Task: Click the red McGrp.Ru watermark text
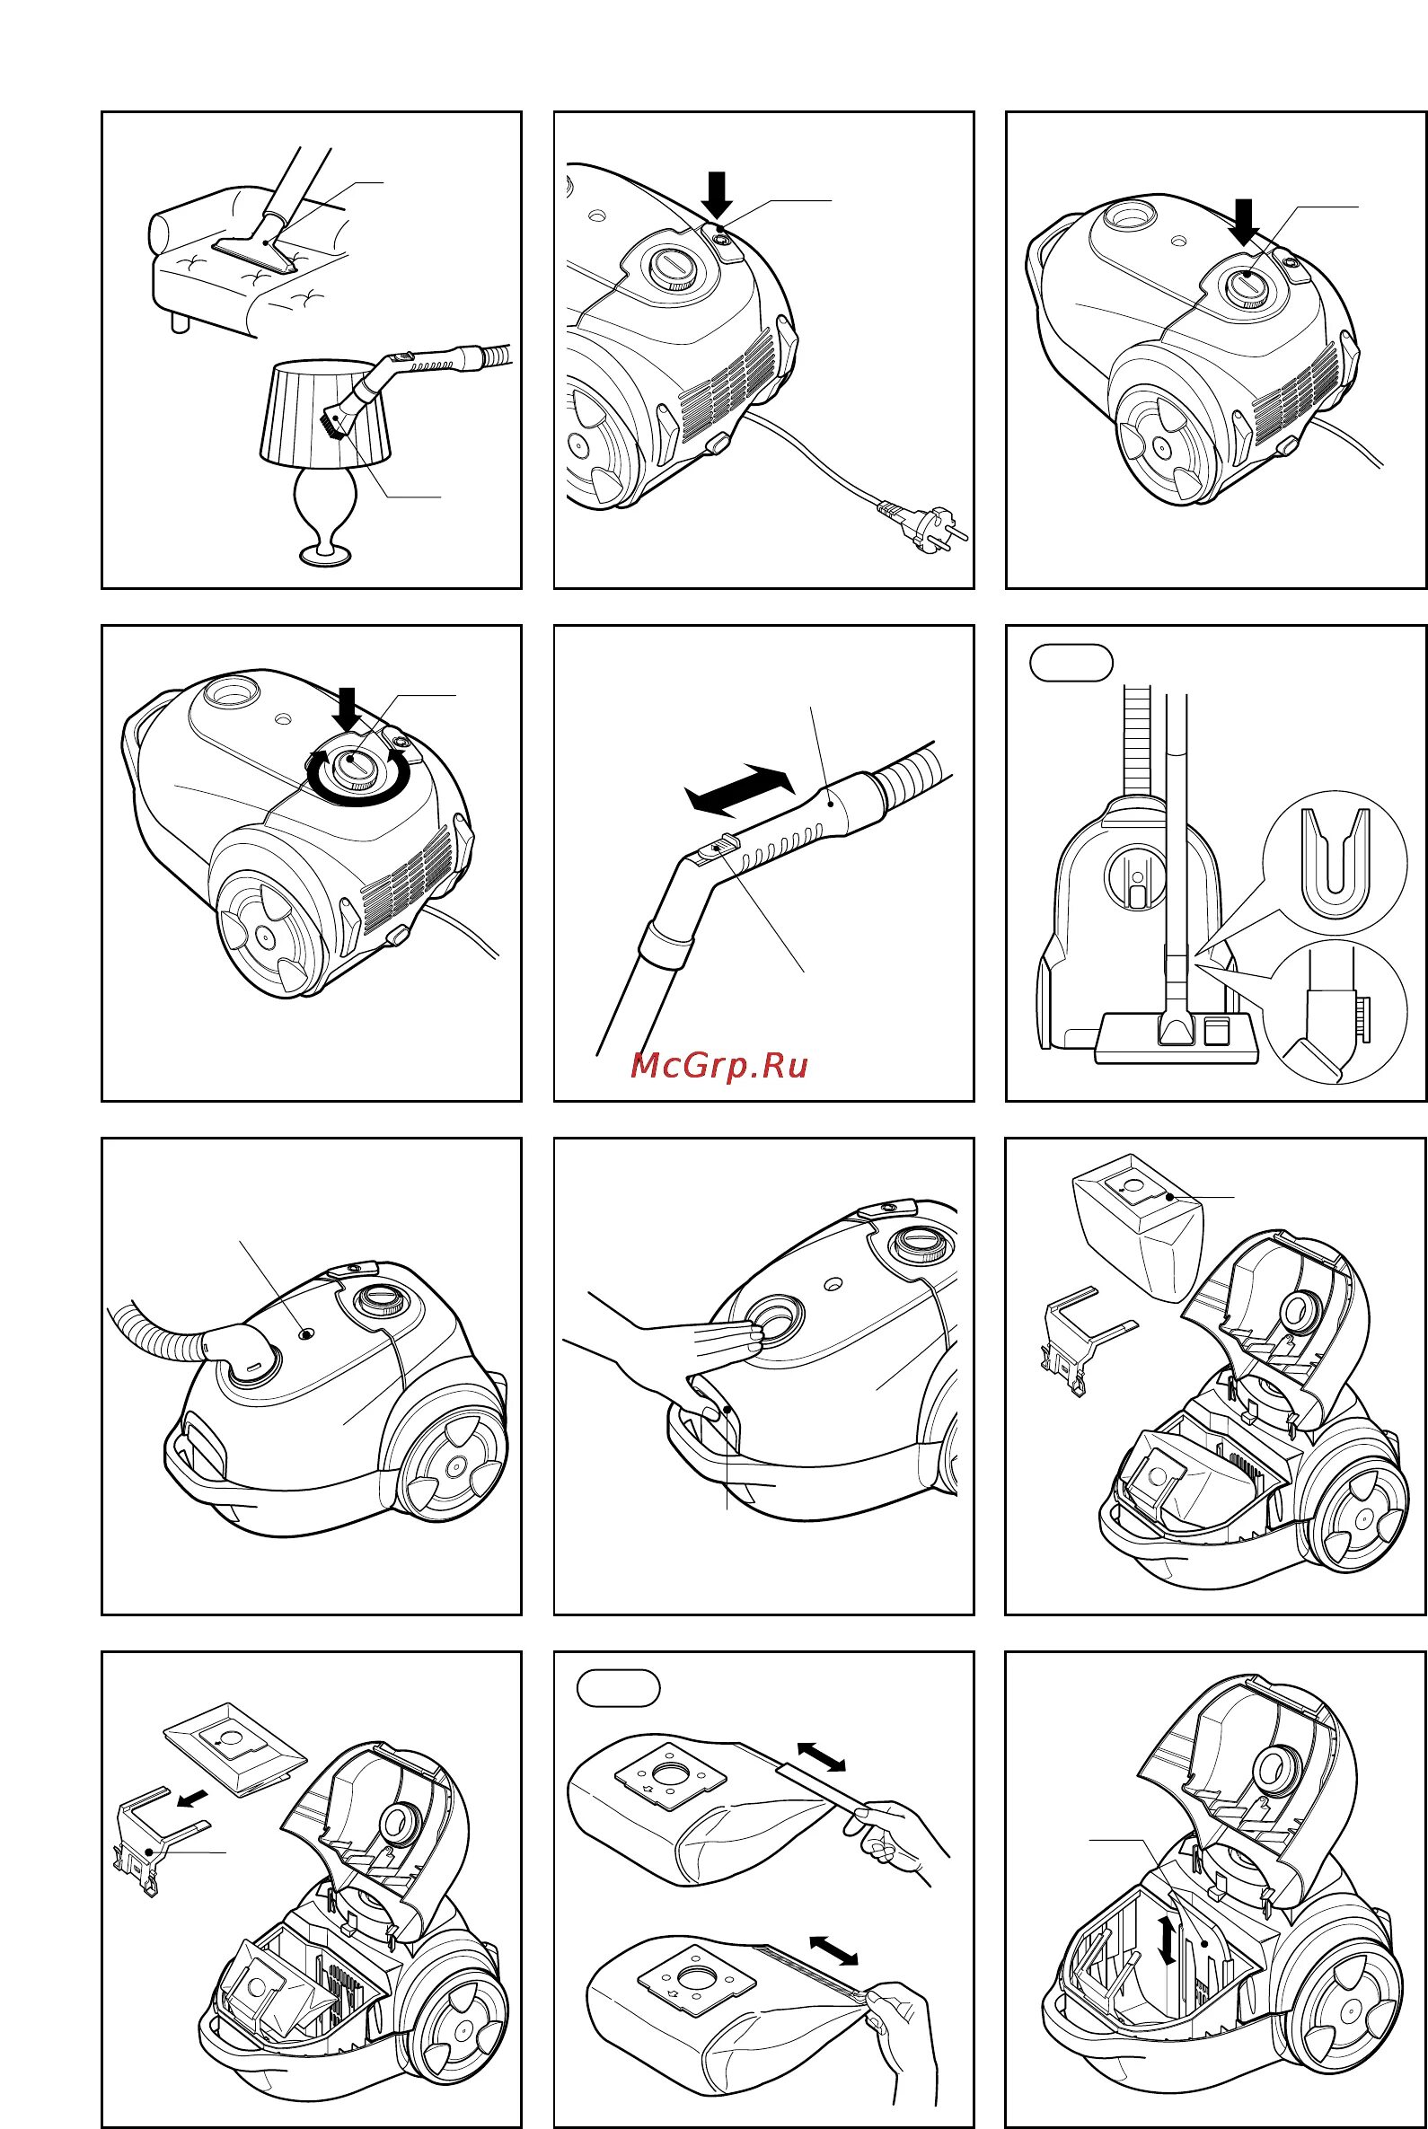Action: click(718, 1065)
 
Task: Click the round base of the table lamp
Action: click(325, 555)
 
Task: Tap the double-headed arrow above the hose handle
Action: click(738, 788)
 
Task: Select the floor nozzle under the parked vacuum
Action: click(1177, 1037)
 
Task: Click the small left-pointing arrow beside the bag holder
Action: click(192, 1798)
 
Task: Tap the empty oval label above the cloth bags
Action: click(619, 1687)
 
